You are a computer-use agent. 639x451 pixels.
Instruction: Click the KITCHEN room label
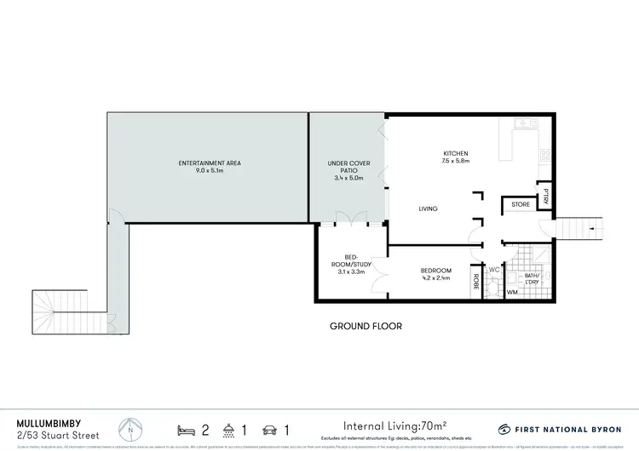coord(455,153)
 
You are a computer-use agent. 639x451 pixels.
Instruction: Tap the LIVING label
coord(429,208)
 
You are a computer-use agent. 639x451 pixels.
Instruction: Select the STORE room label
coord(520,205)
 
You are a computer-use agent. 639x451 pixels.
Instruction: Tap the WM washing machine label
coord(512,293)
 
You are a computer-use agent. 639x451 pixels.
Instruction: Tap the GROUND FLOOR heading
coord(366,326)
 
